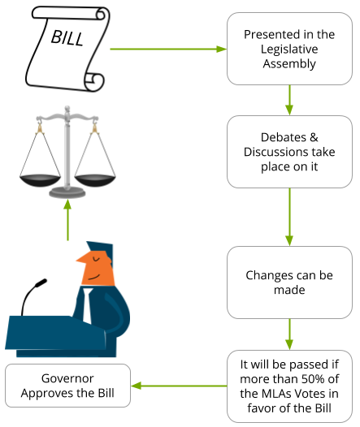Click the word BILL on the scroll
(67, 37)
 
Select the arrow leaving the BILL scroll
(167, 49)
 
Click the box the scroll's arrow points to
(288, 49)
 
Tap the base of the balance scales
(67, 192)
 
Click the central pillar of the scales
(67, 150)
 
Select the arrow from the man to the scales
(67, 220)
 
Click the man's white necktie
(86, 304)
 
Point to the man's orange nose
(80, 258)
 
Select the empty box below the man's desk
(67, 386)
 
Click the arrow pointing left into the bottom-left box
(178, 386)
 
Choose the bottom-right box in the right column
(288, 386)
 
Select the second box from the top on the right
(288, 152)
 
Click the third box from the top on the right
(288, 283)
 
